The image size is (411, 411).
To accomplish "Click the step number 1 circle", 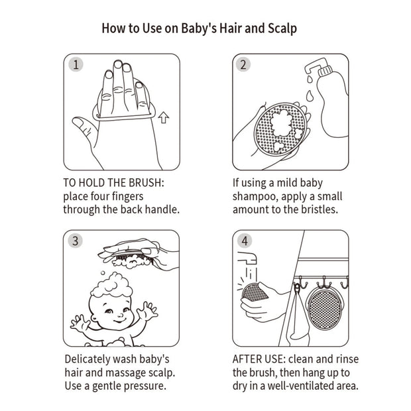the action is [x=76, y=64].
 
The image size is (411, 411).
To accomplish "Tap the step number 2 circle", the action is [x=243, y=64].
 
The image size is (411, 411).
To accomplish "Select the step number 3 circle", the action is [x=75, y=241].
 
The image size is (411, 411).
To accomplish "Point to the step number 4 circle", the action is [x=245, y=241].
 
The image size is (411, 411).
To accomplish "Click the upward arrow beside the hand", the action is [x=164, y=117].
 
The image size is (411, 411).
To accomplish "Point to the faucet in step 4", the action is [x=247, y=258].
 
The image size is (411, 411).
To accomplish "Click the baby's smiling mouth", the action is [x=119, y=321].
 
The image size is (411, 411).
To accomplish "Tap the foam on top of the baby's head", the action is [x=112, y=285].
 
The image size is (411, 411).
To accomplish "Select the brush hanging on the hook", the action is [x=324, y=310].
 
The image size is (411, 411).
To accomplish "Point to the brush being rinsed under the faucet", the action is [x=255, y=292].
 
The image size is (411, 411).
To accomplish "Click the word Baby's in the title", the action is [x=199, y=29].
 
